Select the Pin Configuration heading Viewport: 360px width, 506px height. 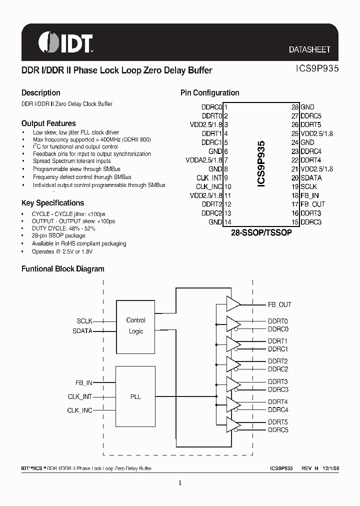coord(209,93)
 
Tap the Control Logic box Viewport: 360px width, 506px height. coord(135,325)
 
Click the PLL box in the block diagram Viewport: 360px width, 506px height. coord(135,396)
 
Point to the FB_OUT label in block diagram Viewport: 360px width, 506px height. coord(279,304)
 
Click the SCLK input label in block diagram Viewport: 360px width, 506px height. coord(84,321)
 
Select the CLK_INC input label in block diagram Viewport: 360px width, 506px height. coord(80,410)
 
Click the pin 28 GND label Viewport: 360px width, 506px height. coord(307,107)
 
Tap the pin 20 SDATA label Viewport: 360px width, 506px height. coord(311,177)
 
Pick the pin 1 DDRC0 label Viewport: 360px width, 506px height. coord(211,107)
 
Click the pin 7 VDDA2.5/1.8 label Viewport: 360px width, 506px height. coord(206,160)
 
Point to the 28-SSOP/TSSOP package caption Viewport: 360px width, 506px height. coord(261,233)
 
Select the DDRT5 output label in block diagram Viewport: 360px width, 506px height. coord(277,422)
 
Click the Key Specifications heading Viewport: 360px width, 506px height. coord(52,203)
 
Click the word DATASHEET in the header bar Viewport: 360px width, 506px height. coord(309,49)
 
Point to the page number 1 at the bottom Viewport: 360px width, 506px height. coord(180,483)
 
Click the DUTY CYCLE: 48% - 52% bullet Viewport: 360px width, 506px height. coord(63,228)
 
